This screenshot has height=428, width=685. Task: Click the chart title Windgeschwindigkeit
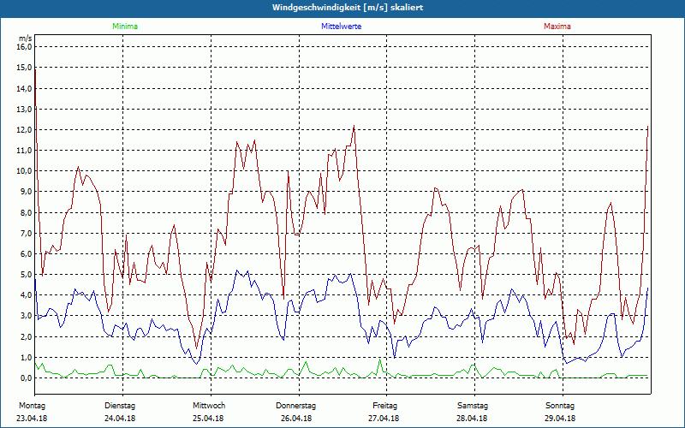(x=342, y=7)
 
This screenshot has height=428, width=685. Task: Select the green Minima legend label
(x=124, y=27)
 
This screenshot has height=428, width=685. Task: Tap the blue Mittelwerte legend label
(x=341, y=27)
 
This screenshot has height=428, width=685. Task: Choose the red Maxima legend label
(x=557, y=27)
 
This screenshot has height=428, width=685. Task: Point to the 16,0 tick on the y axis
(x=24, y=47)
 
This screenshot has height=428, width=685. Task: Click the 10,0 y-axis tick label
(x=24, y=171)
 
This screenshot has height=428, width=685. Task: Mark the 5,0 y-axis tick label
(x=24, y=275)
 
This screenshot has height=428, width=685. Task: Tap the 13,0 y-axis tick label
(x=24, y=109)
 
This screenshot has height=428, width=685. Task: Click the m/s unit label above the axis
(x=25, y=38)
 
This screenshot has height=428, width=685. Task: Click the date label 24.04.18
(x=120, y=418)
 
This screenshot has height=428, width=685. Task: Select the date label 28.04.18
(x=473, y=418)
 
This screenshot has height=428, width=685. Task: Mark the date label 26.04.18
(x=296, y=418)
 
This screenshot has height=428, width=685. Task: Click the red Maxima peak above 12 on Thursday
(x=354, y=127)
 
